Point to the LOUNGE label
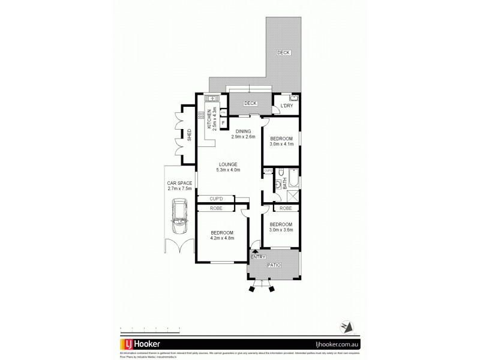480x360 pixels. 227,164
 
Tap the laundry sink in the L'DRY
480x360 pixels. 293,98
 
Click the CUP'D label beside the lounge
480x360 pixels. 216,199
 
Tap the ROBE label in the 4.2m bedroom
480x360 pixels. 216,208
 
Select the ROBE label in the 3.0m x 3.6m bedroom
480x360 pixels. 285,208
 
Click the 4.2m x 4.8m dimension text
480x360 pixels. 221,238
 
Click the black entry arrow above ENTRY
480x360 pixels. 256,251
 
